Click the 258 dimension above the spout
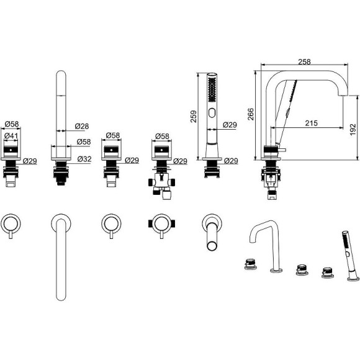[304, 62]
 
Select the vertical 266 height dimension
[251, 114]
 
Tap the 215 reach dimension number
[312, 123]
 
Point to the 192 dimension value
[353, 129]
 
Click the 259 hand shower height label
[194, 117]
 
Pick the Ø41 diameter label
[11, 136]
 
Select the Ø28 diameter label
[82, 126]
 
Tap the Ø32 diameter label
[84, 159]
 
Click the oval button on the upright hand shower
[212, 113]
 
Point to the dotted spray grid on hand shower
[212, 89]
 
